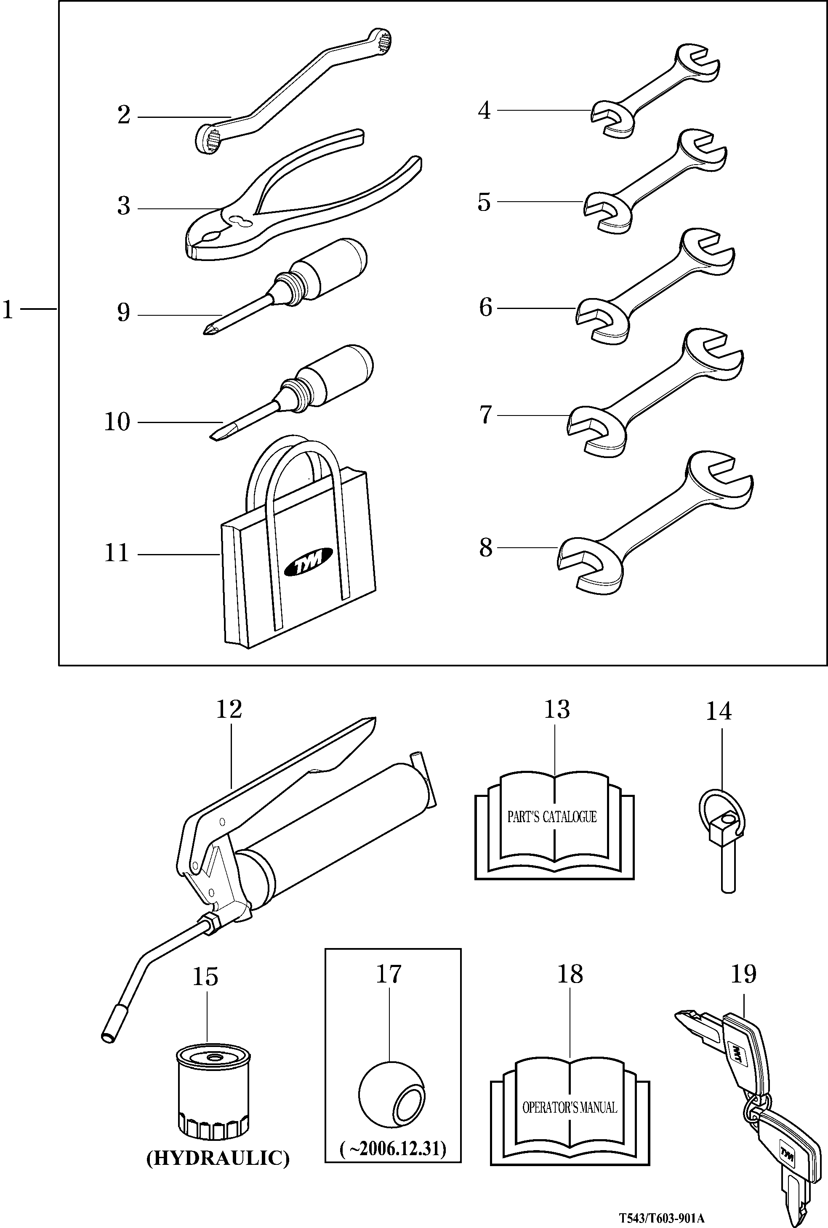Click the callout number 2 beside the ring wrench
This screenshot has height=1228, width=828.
tap(124, 115)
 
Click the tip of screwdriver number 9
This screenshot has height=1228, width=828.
tap(205, 332)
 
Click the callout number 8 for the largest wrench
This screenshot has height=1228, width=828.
tap(485, 548)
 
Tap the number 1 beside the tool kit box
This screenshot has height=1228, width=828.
tap(8, 309)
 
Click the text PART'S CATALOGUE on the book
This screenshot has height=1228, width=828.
tap(552, 817)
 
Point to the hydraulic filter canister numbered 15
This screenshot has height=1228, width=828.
tap(213, 1093)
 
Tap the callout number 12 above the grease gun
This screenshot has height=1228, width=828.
tap(229, 709)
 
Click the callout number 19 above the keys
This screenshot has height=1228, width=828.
tap(743, 974)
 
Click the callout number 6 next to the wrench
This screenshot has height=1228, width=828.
tap(485, 307)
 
